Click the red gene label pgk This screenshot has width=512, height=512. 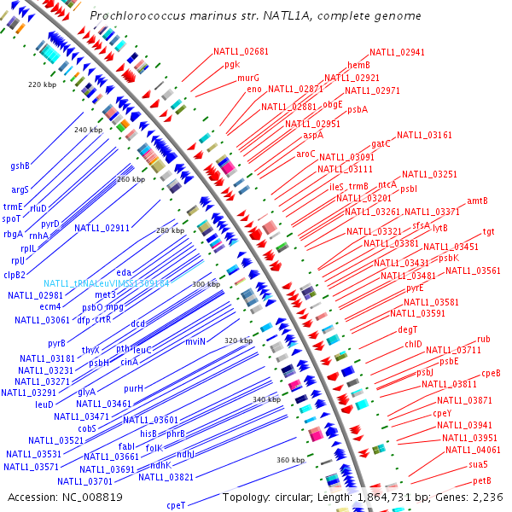tap(232, 64)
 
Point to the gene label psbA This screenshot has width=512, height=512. tap(358, 109)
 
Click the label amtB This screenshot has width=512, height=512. tap(477, 201)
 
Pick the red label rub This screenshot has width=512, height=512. tap(483, 340)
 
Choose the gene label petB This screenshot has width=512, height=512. tap(483, 481)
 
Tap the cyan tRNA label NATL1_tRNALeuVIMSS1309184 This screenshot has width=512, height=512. tap(108, 283)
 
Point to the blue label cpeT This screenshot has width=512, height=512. tap(176, 505)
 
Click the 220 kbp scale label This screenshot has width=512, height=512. tap(41, 84)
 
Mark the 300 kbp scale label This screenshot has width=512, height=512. tap(206, 284)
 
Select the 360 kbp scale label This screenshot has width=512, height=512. tap(290, 460)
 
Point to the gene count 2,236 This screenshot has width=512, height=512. tap(492, 497)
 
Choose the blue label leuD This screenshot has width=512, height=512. tap(44, 404)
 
